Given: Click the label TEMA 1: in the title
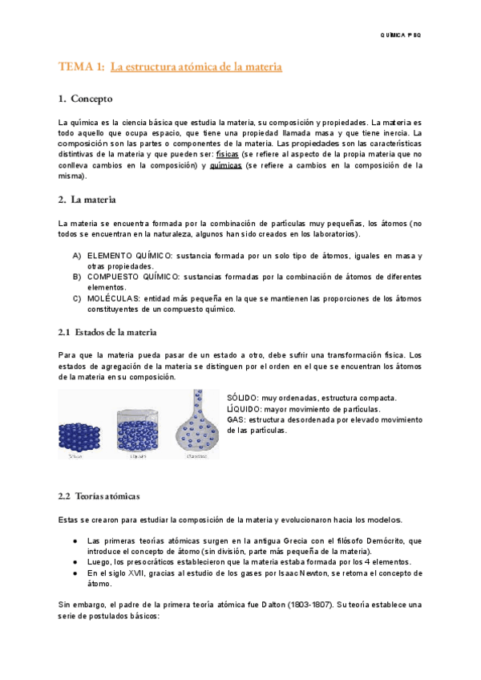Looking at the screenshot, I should click(x=81, y=67).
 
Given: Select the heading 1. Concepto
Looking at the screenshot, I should click(x=86, y=99).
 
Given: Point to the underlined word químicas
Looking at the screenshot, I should click(x=225, y=164).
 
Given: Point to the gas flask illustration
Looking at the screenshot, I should click(x=197, y=425).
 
